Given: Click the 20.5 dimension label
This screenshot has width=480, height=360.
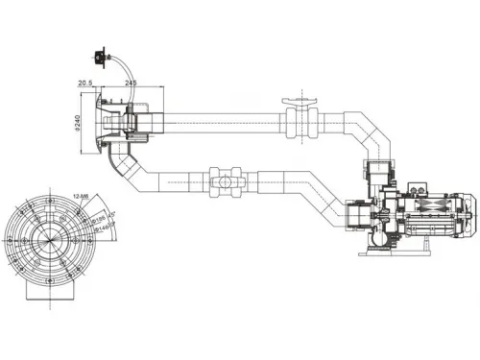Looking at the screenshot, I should [85, 83].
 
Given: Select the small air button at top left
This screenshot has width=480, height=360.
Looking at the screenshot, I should [100, 54].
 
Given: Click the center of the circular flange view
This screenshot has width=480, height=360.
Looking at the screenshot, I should [44, 235].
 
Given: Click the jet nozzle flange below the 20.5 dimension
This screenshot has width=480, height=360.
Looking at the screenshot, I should [99, 126].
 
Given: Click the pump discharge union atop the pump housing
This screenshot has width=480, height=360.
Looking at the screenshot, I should [381, 177].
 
